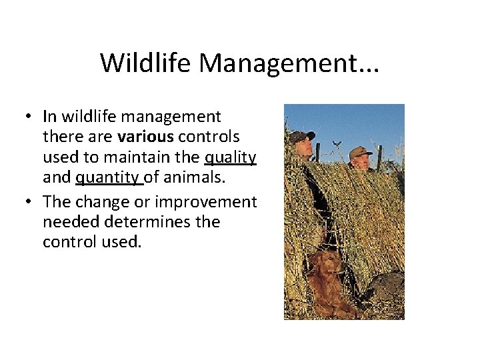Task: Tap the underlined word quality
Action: (230, 157)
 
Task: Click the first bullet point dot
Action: (30, 117)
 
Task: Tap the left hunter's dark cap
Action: (301, 136)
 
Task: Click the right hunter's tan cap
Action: (360, 152)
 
